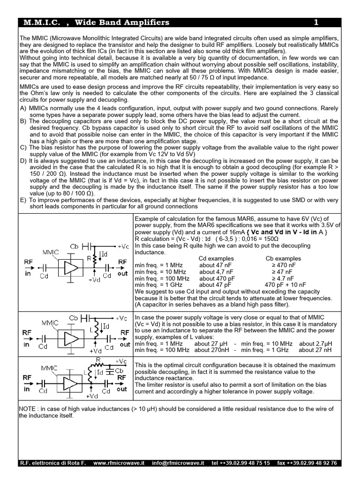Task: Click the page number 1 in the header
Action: point(316,22)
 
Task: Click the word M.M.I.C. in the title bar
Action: point(39,22)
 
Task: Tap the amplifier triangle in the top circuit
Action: point(71,268)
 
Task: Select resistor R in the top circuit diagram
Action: point(95,257)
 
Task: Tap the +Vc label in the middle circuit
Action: point(121,318)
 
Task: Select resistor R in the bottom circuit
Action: point(98,360)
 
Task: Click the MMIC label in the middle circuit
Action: point(50,323)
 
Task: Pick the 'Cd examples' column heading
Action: point(216,258)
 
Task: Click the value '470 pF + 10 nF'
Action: point(285,285)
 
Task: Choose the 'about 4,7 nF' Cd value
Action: point(216,271)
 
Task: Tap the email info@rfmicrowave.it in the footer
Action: point(178,463)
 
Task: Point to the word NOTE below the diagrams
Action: point(29,409)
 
